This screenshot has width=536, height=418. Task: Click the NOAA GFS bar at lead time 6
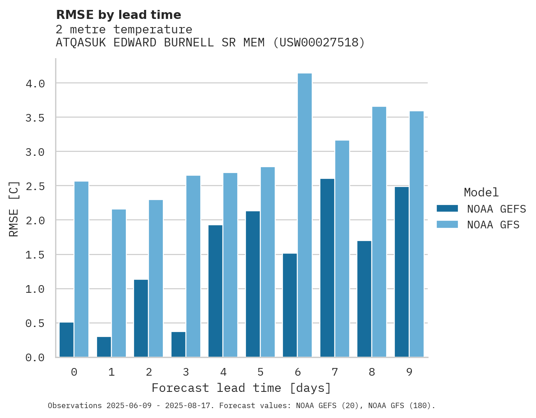click(x=305, y=215)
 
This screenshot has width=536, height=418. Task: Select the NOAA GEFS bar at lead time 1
click(x=104, y=347)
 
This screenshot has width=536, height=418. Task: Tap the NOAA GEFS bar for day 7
click(x=327, y=268)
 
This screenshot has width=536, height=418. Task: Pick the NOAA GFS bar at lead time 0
click(x=81, y=269)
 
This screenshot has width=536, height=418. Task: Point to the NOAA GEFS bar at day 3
click(x=178, y=345)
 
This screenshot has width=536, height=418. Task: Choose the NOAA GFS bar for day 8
click(x=379, y=232)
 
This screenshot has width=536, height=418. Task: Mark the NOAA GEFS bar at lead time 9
click(x=402, y=272)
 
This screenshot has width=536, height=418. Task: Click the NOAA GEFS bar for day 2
click(x=141, y=318)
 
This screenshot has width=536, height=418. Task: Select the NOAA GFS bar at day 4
click(x=230, y=265)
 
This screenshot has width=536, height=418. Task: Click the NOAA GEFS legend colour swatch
click(x=447, y=209)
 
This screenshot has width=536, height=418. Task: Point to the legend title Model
click(x=481, y=192)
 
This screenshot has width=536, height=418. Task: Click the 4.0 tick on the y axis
click(x=35, y=84)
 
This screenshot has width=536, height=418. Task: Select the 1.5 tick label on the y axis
click(x=35, y=255)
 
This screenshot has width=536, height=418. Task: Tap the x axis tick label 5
click(x=260, y=372)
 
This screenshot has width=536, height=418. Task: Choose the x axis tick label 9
click(x=409, y=372)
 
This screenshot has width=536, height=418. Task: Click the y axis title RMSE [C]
click(x=14, y=209)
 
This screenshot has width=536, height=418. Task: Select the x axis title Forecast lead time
click(x=241, y=388)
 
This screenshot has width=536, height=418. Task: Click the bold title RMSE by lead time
click(x=118, y=15)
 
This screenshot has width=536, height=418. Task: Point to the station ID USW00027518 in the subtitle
click(x=319, y=43)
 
